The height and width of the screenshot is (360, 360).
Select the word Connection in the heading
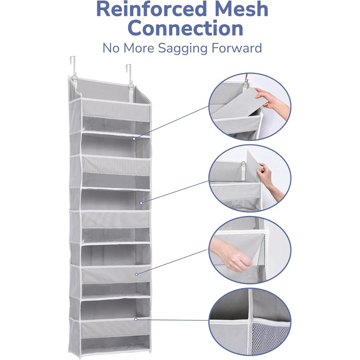[x=186, y=28]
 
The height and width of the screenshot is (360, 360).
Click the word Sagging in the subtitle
[x=183, y=49]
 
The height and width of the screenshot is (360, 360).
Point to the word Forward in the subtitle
[x=237, y=48]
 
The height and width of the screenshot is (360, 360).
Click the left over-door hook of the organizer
[x=73, y=66]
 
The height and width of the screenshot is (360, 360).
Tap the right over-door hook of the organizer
[x=129, y=74]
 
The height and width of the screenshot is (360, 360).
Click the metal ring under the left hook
[x=75, y=78]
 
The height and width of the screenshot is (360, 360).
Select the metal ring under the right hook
[x=131, y=86]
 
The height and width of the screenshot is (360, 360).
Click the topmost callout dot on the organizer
[x=134, y=139]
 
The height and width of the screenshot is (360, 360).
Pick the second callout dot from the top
[x=141, y=203]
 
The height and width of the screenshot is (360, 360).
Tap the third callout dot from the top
[x=136, y=274]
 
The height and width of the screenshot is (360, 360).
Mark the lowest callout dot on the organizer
[x=136, y=319]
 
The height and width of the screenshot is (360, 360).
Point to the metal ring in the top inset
[x=245, y=83]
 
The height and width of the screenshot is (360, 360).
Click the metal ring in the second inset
[x=243, y=164]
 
